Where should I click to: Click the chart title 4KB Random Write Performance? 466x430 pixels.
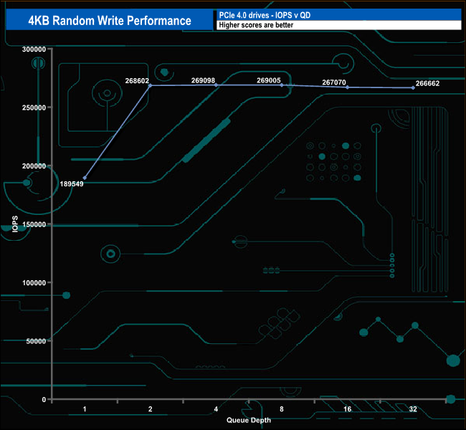point(110,21)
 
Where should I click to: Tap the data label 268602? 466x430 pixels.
point(136,81)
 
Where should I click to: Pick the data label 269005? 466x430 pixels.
point(269,81)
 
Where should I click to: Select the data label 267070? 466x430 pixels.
point(335,82)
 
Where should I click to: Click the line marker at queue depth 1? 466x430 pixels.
point(85,178)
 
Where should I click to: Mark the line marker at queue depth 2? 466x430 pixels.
point(150,85)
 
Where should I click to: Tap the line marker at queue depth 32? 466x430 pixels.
point(413,87)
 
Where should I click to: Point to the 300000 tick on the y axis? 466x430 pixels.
point(34,49)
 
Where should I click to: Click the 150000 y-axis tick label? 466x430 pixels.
point(34,224)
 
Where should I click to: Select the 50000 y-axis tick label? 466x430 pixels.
point(37,341)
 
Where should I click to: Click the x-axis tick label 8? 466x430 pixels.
point(282,409)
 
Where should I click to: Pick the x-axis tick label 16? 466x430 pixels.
point(347,409)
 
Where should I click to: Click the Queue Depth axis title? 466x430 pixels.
point(249,420)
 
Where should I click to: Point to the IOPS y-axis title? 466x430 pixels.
point(16,224)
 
